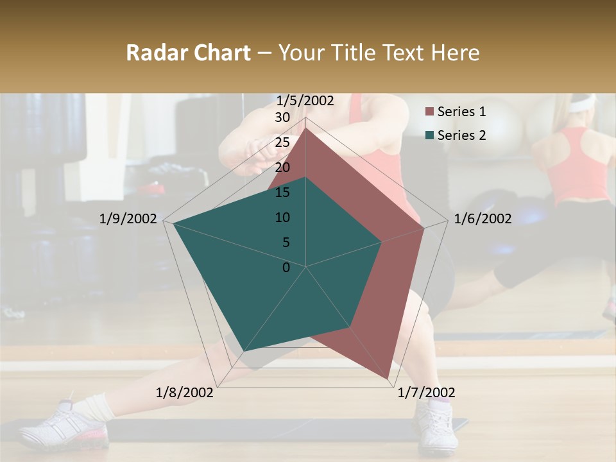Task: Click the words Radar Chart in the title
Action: point(188,53)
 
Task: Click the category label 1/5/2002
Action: point(305,101)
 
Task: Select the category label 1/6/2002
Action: point(483,219)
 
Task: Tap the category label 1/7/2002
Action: point(426,393)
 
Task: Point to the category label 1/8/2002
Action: point(185,393)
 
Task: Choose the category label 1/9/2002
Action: point(128,219)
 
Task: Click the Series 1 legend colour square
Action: point(429,112)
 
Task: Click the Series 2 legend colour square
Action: point(429,135)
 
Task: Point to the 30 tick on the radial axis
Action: point(282,117)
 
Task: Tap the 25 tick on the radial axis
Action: point(282,142)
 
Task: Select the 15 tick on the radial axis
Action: point(282,193)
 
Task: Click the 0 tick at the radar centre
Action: point(286,268)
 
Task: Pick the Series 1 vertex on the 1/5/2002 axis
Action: point(306,128)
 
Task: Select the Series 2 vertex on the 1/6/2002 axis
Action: point(382,242)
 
